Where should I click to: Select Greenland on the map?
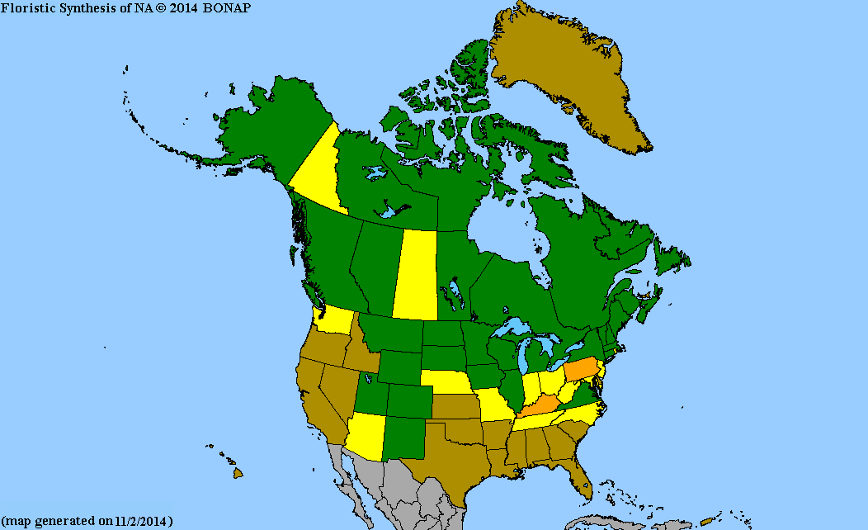pos(569,74)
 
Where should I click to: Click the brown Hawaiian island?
pos(238,473)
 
